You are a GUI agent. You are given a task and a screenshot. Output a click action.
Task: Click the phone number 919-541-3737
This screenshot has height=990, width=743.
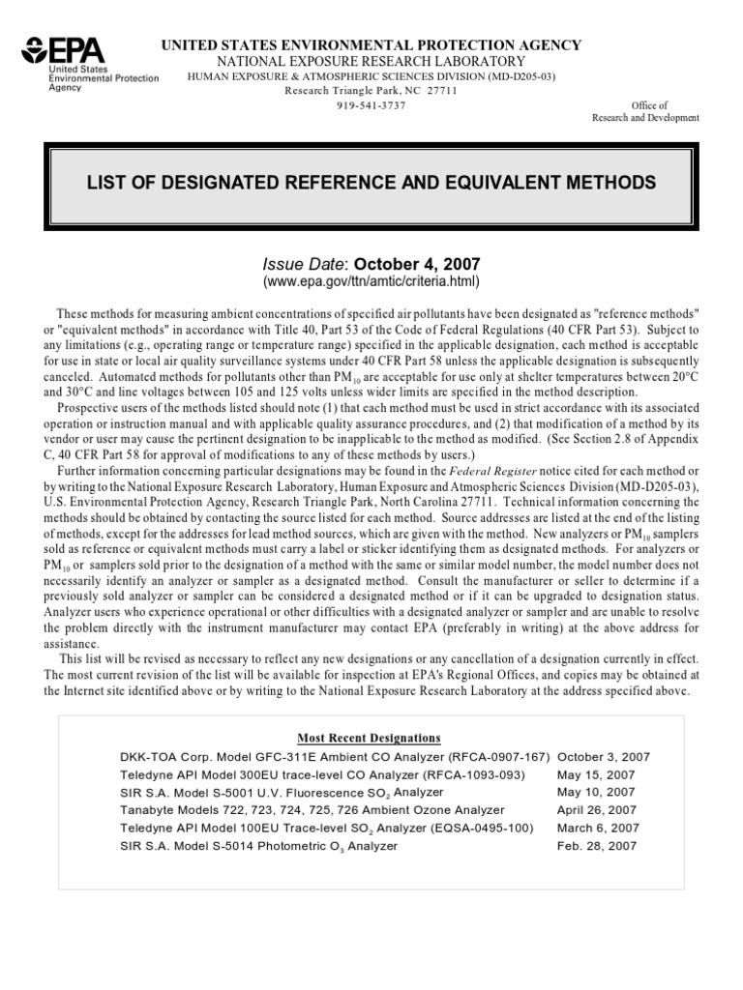point(371,104)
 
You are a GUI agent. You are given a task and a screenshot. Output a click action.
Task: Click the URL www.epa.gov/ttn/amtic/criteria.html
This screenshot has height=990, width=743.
point(371,281)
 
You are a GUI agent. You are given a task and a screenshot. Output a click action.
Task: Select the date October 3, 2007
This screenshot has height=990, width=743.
point(604,757)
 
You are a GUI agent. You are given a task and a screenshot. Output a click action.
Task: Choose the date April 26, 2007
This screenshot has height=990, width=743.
point(596,810)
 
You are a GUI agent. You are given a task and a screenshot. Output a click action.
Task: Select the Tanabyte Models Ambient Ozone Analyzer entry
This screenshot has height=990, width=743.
point(312,810)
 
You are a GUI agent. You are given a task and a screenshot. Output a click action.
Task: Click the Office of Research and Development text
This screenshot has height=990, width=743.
point(644,111)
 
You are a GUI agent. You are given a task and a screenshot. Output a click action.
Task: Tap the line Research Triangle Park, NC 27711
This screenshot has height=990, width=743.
point(371,91)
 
